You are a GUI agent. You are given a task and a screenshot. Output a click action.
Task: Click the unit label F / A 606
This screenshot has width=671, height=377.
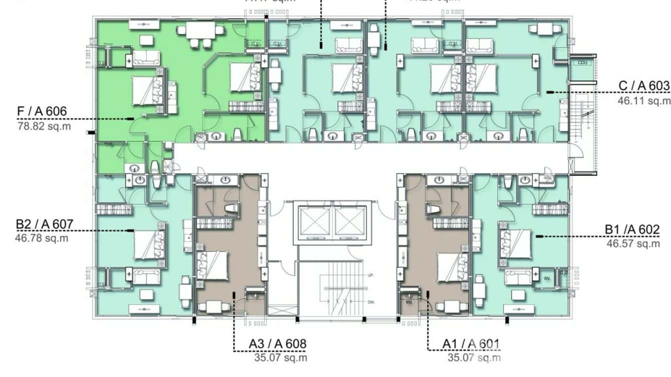coord(42,111)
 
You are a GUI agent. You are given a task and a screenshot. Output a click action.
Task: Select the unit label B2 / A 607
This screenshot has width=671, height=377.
coord(44,224)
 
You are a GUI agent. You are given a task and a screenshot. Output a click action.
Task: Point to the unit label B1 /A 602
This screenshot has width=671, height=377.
coord(632,229)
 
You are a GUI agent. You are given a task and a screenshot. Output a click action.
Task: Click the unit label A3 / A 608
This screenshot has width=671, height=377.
coord(277,344)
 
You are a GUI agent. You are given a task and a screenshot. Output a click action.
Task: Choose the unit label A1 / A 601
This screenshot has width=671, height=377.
coord(470,344)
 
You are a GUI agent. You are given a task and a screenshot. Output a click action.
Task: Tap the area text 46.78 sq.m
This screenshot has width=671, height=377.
coord(41,238)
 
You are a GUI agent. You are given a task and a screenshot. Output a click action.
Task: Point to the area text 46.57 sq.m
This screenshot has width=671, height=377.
coord(633,243)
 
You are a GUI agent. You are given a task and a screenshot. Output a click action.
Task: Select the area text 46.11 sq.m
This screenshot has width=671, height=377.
coord(644,100)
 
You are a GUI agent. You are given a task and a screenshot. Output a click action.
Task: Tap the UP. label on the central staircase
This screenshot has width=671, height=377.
coord(370,275)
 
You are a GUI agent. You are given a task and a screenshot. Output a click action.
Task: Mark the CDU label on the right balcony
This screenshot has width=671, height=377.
coord(582,63)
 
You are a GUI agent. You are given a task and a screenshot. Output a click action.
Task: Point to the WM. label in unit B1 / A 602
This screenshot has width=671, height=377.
coord(546,276)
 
